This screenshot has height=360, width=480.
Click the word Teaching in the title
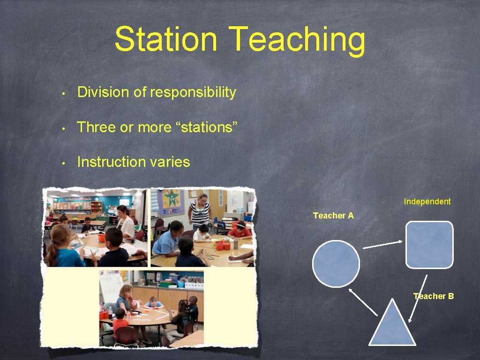coord(298,40)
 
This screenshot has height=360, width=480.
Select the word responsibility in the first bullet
coord(193,92)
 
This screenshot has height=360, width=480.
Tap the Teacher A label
coord(333,216)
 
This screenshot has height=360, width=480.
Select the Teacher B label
coord(434,296)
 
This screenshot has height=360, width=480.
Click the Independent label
coord(427,202)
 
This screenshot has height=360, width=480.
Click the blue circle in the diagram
coord(336,263)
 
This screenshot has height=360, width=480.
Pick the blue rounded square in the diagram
coord(429,245)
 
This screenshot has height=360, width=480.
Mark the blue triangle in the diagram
coord(392,326)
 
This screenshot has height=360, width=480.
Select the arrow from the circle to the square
coord(382,245)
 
